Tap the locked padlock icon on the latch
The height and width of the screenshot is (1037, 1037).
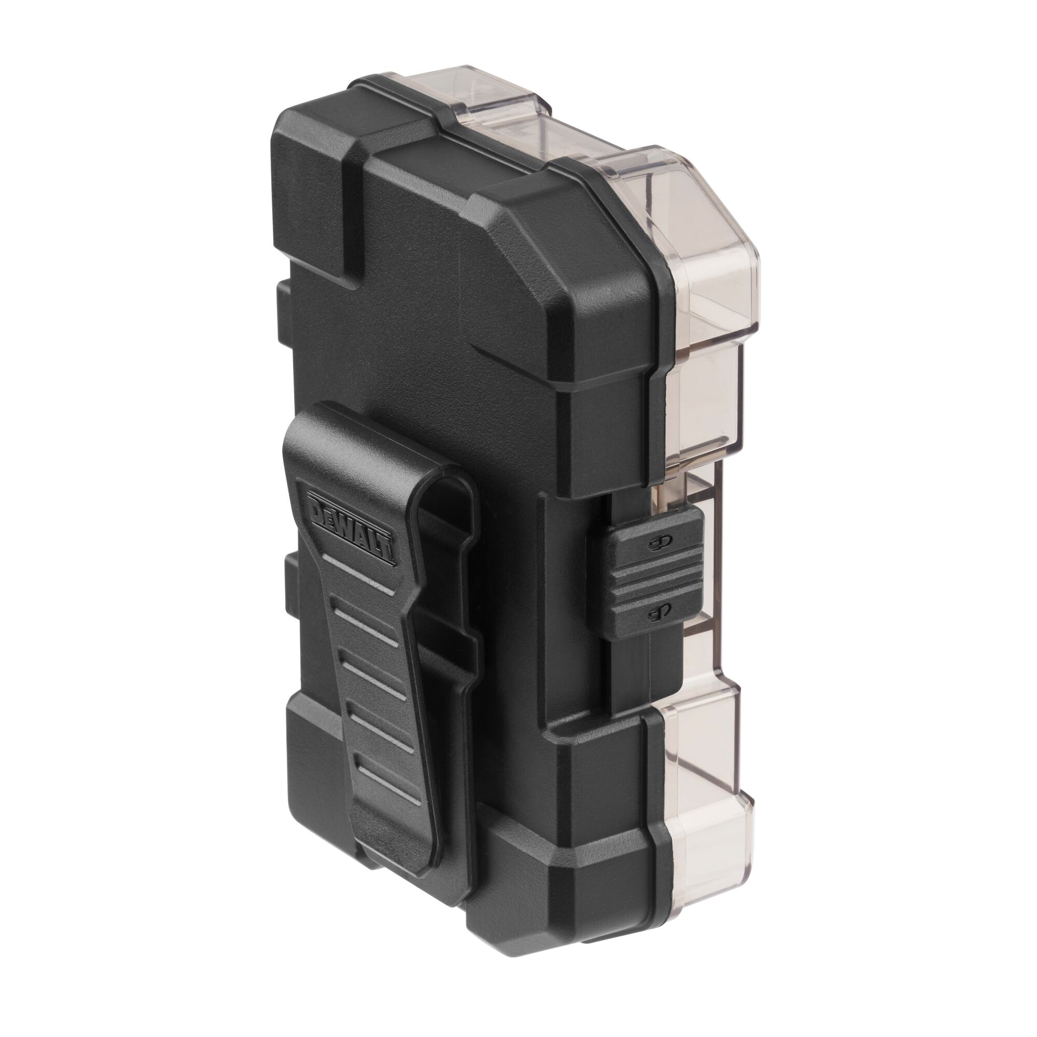click(661, 543)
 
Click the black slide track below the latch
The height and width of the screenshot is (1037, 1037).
click(628, 676)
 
